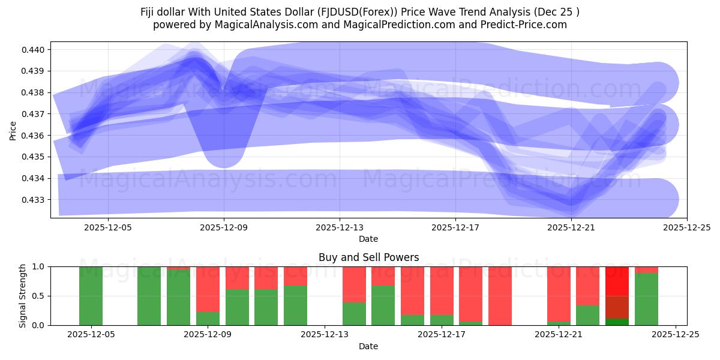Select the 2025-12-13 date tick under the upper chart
click(340, 227)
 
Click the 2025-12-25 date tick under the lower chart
click(676, 335)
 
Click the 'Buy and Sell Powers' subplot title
click(368, 258)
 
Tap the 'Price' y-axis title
click(13, 130)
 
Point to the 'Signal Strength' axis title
click(23, 295)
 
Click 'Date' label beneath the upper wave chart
click(368, 239)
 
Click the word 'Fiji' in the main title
click(150, 12)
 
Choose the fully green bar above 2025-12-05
click(91, 296)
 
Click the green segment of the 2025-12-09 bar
click(208, 319)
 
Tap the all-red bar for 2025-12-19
click(500, 296)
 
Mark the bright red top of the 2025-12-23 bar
click(617, 280)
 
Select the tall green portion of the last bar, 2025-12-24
click(646, 299)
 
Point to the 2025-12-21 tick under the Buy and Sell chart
click(559, 335)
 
